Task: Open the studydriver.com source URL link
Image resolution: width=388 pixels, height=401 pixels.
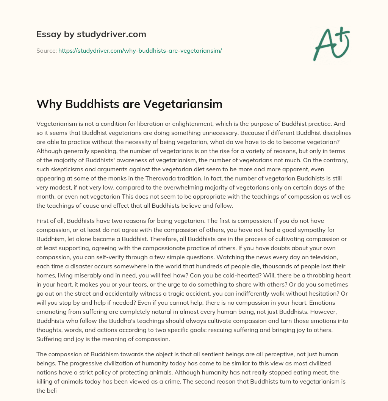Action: [x=140, y=50]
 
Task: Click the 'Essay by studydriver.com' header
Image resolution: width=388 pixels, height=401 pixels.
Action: [x=91, y=34]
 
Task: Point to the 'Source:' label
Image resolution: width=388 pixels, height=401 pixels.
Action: [x=46, y=50]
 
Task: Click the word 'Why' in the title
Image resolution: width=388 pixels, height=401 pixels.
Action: [x=48, y=104]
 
